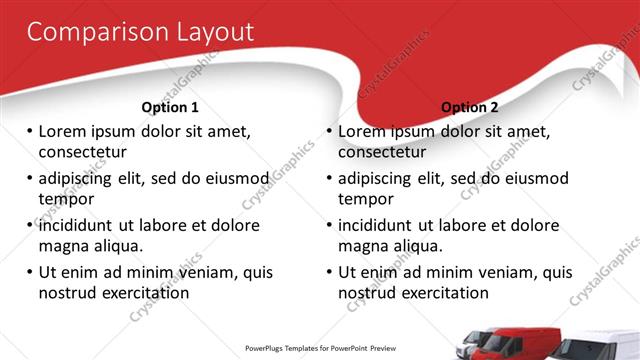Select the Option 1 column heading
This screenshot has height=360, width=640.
point(170,107)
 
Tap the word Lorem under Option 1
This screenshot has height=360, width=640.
point(65,132)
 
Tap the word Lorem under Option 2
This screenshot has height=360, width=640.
point(364,132)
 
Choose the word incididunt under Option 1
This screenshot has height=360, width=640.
point(81,225)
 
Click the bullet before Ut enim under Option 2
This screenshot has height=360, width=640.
point(329,272)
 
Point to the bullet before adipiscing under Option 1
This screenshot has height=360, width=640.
point(30,179)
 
